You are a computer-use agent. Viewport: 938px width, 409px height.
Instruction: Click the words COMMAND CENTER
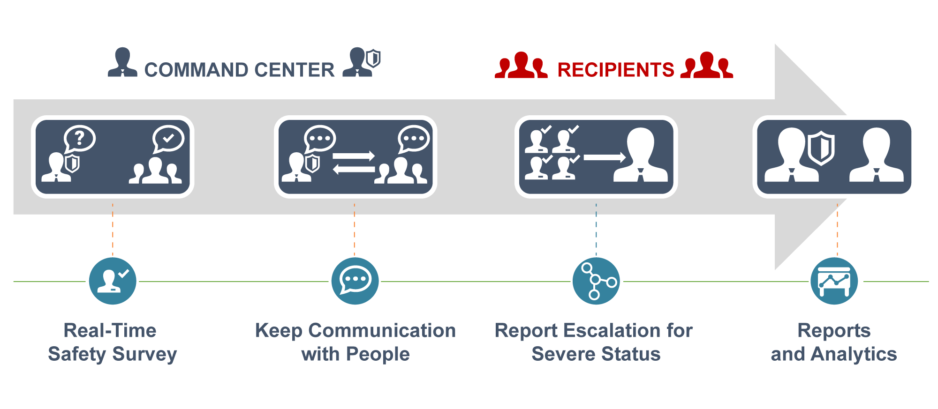point(239,70)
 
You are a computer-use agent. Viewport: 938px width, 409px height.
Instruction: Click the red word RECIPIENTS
point(615,70)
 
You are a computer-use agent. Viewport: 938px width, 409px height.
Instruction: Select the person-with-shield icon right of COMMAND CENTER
point(362,62)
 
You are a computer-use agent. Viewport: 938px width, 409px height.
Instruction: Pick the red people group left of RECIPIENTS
point(521,65)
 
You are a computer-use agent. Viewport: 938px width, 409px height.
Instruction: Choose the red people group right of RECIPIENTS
point(707,65)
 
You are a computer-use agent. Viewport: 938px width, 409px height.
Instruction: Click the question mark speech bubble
point(80,138)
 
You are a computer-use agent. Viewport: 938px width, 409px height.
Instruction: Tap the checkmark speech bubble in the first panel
point(168,139)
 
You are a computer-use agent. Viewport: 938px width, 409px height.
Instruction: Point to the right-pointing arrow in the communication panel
point(354,156)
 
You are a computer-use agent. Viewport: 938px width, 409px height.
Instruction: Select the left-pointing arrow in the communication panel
point(354,169)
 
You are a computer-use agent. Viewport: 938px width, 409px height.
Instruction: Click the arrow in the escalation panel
point(605,157)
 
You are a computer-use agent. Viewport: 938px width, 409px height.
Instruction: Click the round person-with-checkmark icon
point(113,281)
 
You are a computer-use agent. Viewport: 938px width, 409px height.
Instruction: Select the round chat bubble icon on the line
point(355,281)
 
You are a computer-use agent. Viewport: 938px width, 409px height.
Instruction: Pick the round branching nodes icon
point(596,281)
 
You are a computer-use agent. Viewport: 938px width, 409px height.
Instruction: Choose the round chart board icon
point(834,281)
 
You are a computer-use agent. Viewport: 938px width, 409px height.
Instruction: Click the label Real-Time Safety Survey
point(112,342)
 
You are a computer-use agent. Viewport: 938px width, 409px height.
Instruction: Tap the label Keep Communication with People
point(355,342)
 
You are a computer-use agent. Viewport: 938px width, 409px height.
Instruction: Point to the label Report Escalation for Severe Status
point(594,342)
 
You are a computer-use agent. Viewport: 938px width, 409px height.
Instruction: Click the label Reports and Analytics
point(834,342)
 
